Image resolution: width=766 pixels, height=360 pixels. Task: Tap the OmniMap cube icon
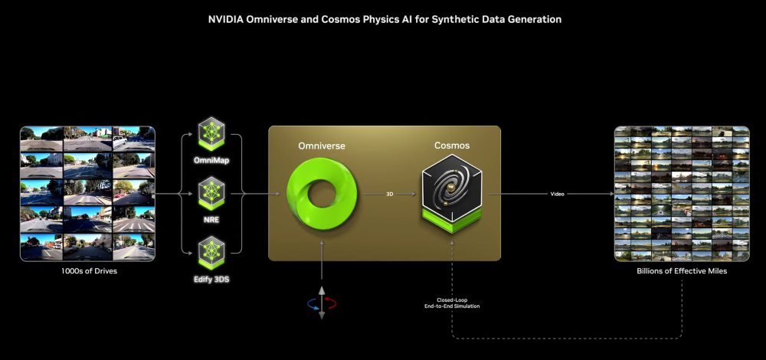[x=211, y=133]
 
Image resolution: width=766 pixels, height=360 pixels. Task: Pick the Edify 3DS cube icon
[x=211, y=251]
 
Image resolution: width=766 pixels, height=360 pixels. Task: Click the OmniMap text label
[x=211, y=160]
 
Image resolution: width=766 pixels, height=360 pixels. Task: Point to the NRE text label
[x=211, y=219]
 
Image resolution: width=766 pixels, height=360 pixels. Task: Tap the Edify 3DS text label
[x=211, y=280]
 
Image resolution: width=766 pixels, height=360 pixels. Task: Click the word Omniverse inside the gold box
[x=322, y=145]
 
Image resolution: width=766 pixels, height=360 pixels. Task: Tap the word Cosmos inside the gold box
[x=452, y=145]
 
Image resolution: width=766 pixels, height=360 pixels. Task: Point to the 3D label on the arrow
[x=389, y=195]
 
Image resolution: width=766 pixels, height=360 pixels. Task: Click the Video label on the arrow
[x=558, y=195]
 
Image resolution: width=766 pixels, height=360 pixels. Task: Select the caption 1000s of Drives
[x=87, y=271]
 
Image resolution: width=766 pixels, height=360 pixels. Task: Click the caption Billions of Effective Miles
[x=682, y=271]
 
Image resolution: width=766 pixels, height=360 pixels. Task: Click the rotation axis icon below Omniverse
[x=322, y=303]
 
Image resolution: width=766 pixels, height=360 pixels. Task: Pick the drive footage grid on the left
[x=87, y=194]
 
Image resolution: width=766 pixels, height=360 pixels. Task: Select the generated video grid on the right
[x=682, y=194]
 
